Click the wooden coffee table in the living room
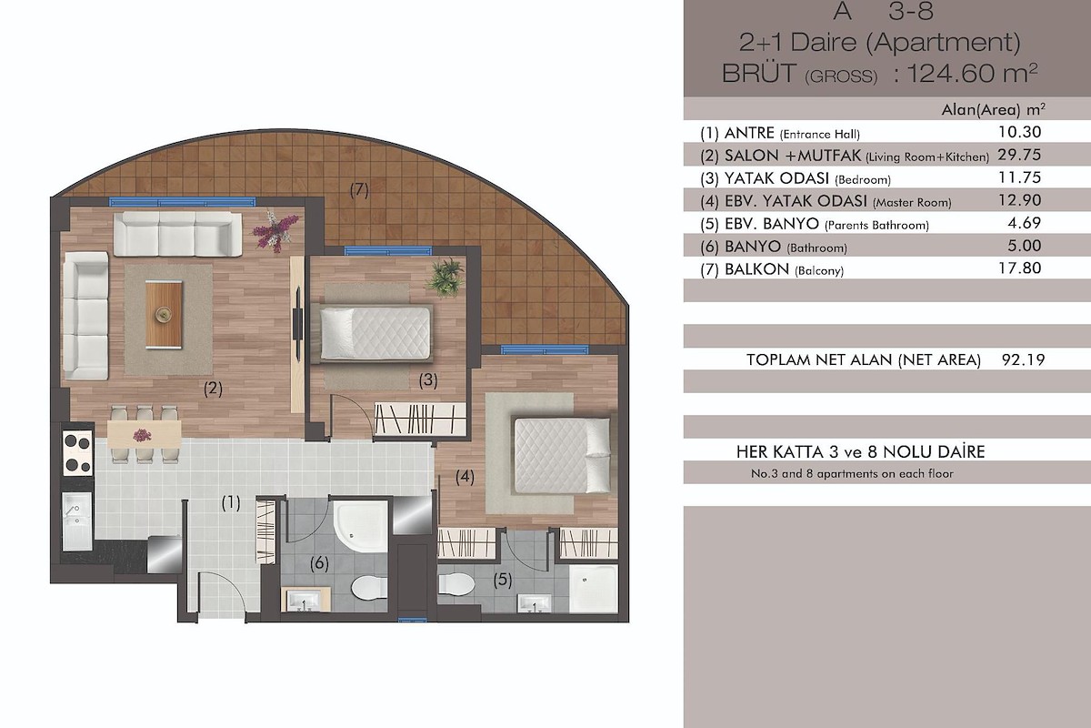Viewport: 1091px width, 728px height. (x=164, y=315)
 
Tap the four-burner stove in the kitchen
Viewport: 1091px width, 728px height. (x=77, y=453)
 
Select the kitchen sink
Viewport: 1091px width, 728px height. (x=76, y=521)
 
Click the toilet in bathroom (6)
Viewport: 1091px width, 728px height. (x=369, y=588)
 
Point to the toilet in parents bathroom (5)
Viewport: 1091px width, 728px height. (x=455, y=583)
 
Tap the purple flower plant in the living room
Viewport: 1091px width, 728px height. (x=275, y=230)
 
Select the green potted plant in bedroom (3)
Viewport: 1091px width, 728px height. (x=445, y=277)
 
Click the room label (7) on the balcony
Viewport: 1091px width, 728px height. (x=359, y=189)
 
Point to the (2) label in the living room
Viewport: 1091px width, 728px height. (x=213, y=389)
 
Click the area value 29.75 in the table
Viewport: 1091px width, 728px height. (x=1019, y=155)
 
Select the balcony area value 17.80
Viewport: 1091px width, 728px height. (x=1019, y=268)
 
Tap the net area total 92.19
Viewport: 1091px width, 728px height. (x=1023, y=359)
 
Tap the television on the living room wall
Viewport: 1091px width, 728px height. (x=296, y=324)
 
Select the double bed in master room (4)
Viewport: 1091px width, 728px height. (x=562, y=455)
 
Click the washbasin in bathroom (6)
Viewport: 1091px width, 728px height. (x=305, y=599)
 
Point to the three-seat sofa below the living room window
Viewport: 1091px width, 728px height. (x=178, y=234)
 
